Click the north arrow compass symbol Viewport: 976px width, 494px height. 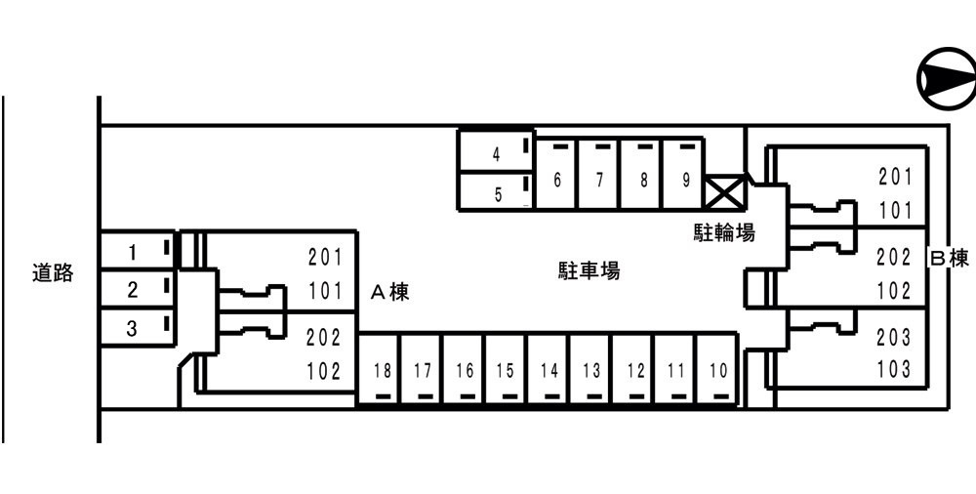tap(946, 79)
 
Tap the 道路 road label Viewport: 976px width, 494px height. tap(53, 272)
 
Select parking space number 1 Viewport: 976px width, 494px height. tap(139, 252)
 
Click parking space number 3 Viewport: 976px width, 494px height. tap(139, 327)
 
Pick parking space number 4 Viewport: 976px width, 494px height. tap(496, 152)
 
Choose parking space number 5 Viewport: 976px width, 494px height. tap(496, 192)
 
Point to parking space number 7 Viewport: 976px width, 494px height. tap(599, 174)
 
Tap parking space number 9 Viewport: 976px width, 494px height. tap(684, 174)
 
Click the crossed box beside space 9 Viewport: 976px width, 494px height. tap(725, 192)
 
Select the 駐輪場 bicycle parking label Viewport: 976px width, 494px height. tap(724, 233)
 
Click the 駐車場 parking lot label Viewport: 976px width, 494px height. tap(589, 270)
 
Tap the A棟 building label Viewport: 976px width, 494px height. tap(390, 292)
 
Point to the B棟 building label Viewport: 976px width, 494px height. tap(950, 258)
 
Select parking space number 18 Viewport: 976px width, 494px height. tap(379, 369)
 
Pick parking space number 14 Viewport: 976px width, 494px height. tap(549, 369)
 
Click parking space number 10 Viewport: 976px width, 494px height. tap(717, 369)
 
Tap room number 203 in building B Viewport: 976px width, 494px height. tap(894, 337)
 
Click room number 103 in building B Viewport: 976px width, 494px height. tap(894, 369)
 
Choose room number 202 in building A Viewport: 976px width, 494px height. tap(324, 338)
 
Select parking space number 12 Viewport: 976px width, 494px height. tap(633, 369)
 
